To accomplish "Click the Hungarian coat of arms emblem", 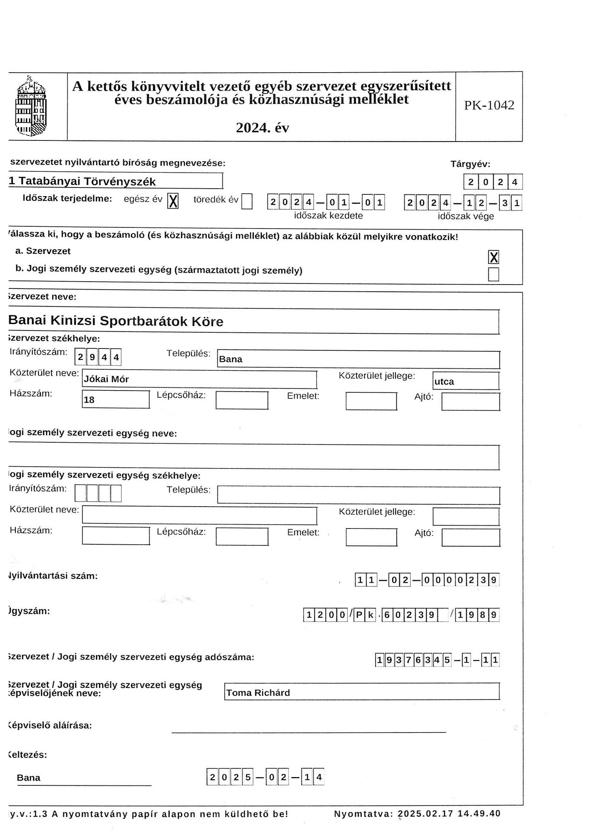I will (32, 106).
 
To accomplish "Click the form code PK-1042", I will (489, 105).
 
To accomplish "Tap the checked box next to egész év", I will (173, 201).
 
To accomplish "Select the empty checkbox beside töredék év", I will (247, 201).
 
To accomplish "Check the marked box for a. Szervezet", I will (493, 257).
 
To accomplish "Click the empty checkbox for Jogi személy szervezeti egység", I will (493, 274).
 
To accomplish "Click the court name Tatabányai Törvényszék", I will (87, 181).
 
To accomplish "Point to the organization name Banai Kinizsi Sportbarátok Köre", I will (116, 321).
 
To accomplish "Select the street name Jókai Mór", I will (106, 379).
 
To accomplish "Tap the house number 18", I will (89, 400).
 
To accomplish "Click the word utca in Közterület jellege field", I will (444, 382).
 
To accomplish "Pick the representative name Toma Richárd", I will (258, 693).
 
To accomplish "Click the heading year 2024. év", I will (262, 128).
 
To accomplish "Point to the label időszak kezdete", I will (328, 216).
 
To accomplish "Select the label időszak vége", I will (466, 216).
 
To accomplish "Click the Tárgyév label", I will (470, 164).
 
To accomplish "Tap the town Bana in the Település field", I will (231, 359).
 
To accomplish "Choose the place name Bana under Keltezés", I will (28, 778).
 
